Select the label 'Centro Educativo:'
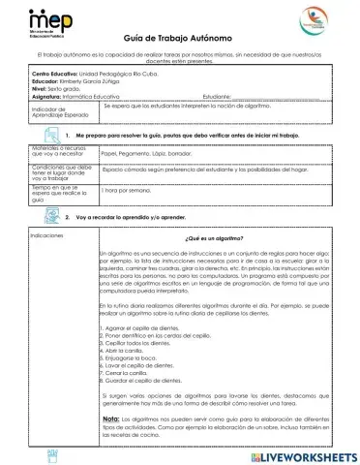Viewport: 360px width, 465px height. [x=53, y=75]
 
